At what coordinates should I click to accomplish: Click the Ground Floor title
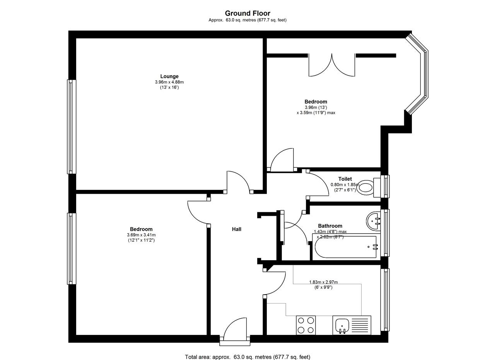247,14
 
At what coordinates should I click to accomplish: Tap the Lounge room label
169,76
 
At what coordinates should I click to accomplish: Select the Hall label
236,229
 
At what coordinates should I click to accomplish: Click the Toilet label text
345,179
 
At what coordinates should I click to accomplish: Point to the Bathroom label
330,226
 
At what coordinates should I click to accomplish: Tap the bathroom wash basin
373,221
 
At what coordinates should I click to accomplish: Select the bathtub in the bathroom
346,247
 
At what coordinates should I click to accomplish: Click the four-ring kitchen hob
306,325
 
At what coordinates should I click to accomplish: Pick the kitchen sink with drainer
352,325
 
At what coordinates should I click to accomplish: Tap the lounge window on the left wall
72,127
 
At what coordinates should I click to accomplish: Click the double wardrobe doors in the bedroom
332,65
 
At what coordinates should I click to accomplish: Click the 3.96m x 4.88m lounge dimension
169,82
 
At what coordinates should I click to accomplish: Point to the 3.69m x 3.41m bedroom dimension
141,235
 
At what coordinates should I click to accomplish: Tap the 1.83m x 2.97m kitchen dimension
323,282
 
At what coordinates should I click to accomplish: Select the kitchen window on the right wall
385,300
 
